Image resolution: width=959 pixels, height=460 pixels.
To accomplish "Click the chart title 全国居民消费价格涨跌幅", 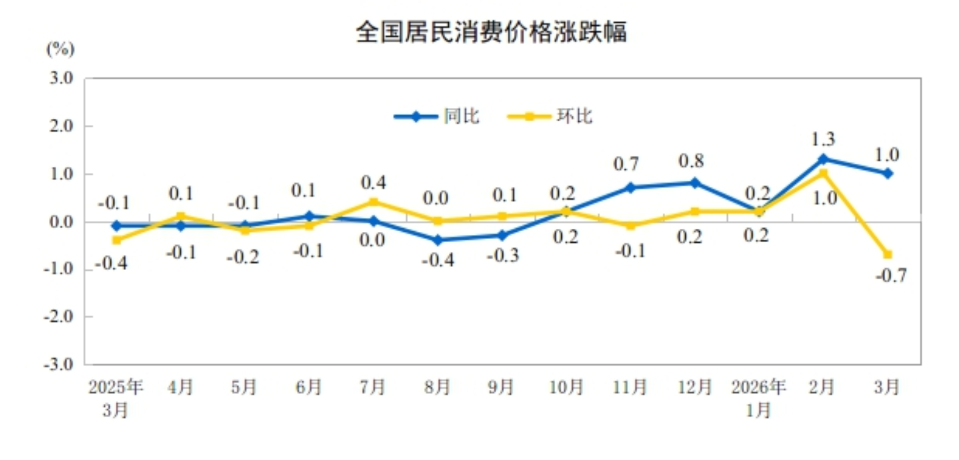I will (x=491, y=32).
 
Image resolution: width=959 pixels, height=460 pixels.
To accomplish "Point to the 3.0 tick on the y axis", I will (x=61, y=78).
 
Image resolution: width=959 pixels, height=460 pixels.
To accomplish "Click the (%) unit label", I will (x=60, y=49).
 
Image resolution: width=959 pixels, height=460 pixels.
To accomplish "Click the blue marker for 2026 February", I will (x=823, y=159).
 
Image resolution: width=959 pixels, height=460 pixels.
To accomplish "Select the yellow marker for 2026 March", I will (x=888, y=255).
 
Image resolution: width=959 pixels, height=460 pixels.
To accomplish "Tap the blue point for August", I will (x=437, y=240).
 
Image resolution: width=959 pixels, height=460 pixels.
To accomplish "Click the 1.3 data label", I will (x=823, y=139).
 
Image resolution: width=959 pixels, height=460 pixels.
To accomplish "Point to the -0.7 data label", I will (x=891, y=275).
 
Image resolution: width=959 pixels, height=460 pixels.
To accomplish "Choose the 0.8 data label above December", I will (x=691, y=161).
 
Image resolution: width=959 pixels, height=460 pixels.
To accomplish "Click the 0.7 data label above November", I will (x=626, y=164).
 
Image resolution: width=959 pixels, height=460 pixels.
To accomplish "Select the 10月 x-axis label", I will (x=566, y=387).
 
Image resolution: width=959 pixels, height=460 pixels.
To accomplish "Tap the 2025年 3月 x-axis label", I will (x=116, y=398).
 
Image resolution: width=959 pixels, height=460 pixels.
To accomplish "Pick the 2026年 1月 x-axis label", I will (x=758, y=398).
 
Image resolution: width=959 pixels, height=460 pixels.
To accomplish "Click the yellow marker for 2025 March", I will (x=117, y=240).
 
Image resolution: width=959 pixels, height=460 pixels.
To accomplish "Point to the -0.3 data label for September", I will (x=502, y=256).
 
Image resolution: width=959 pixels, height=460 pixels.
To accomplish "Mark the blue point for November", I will (x=631, y=188).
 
